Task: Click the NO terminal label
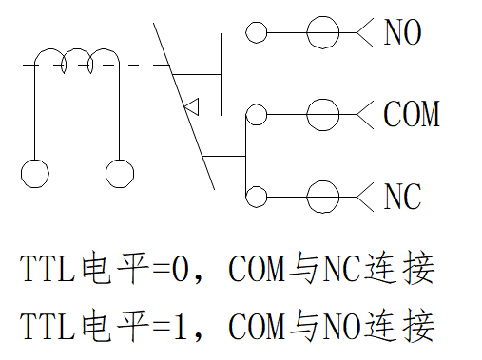[402, 32]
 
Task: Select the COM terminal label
[412, 114]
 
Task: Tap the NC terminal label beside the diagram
[402, 197]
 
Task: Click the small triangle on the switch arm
[199, 107]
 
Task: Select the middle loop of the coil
[77, 49]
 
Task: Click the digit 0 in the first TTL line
[181, 269]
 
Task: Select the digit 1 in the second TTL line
[181, 326]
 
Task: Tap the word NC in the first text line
[341, 269]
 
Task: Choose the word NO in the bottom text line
[341, 326]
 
